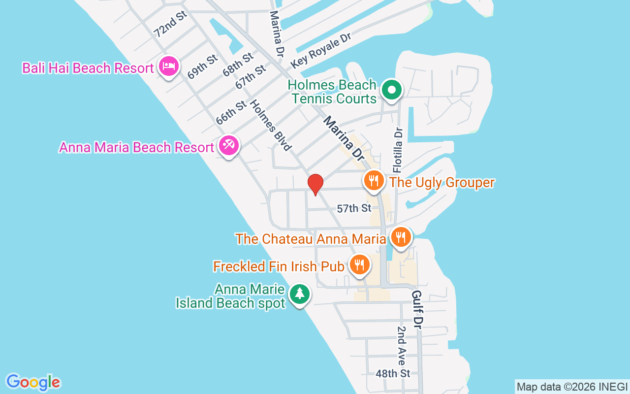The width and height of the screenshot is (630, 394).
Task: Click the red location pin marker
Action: pyautogui.click(x=315, y=185)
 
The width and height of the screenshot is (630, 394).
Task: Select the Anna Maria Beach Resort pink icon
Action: pyautogui.click(x=229, y=146)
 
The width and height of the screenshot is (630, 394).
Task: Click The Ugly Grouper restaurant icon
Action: pyautogui.click(x=374, y=181)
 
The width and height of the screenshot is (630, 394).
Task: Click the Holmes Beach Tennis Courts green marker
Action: pyautogui.click(x=392, y=91)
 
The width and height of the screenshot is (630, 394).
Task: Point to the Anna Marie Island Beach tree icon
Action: pyautogui.click(x=299, y=295)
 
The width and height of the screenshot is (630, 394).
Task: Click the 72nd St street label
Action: pyautogui.click(x=171, y=24)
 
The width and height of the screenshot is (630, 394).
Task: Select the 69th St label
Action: pyautogui.click(x=202, y=66)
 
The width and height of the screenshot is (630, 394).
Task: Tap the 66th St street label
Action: pyautogui.click(x=231, y=112)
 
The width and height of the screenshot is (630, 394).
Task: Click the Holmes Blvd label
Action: pyautogui.click(x=271, y=125)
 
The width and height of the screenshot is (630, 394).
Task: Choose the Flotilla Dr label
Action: pyautogui.click(x=398, y=147)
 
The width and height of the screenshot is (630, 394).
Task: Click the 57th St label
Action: pyautogui.click(x=354, y=209)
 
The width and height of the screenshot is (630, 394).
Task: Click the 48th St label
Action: pyautogui.click(x=392, y=373)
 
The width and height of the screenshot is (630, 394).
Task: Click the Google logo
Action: pyautogui.click(x=33, y=382)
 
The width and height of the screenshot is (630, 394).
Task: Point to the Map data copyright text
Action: pyautogui.click(x=572, y=387)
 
